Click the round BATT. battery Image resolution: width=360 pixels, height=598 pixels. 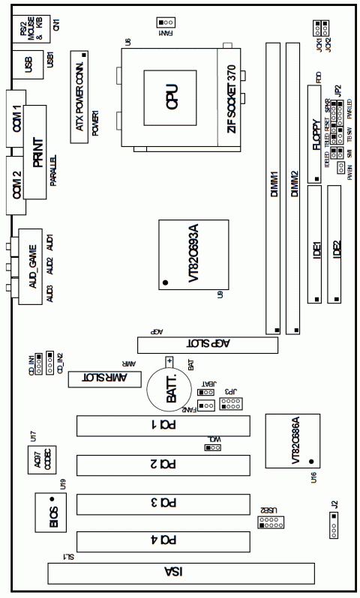click(172, 389)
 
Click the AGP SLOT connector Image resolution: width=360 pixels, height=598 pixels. click(206, 345)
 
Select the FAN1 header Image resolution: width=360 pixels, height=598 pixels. click(166, 22)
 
